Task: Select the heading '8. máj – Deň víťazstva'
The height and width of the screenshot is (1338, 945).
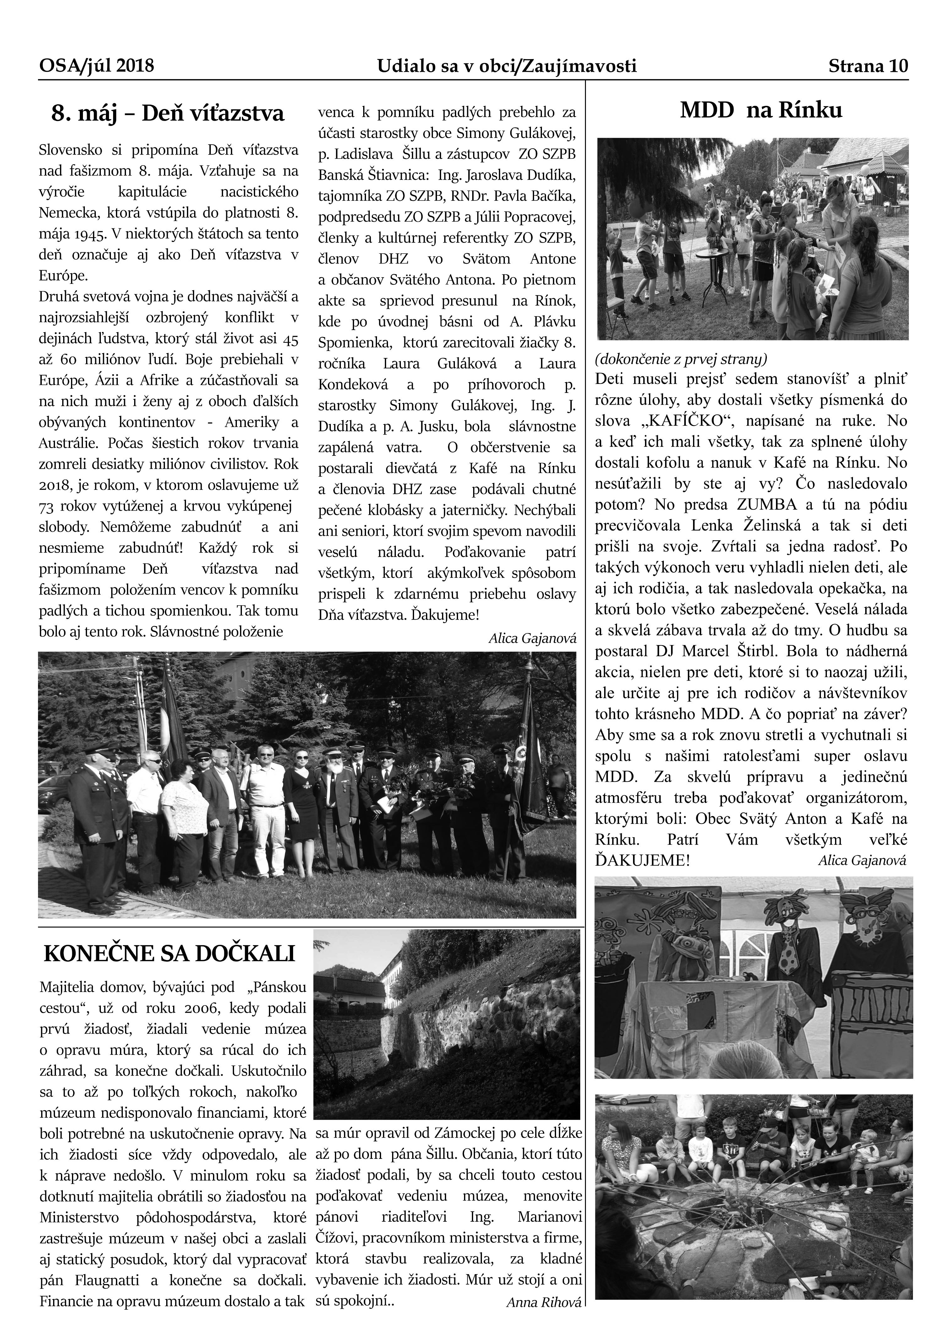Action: (x=168, y=114)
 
